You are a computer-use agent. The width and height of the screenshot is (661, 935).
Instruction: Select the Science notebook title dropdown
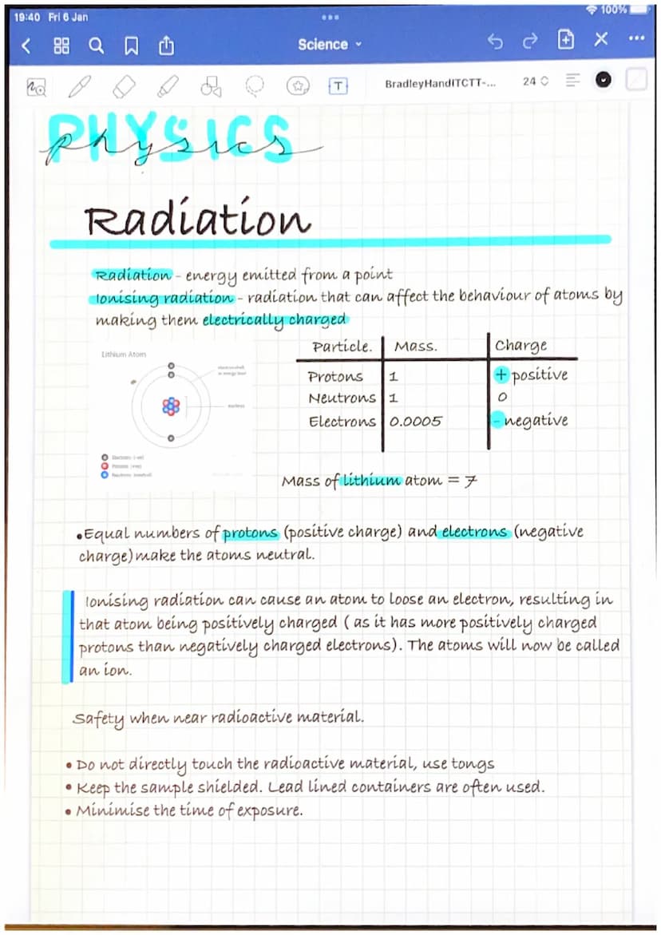coord(329,45)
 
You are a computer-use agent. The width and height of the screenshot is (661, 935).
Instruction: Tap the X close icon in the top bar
coord(601,40)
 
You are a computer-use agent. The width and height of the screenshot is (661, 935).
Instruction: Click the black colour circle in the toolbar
coord(604,81)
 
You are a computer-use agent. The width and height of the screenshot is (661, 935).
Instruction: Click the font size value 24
coord(530,81)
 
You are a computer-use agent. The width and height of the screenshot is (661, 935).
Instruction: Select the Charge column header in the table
coord(520,346)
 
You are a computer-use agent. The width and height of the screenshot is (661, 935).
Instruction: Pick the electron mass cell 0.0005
coord(415,421)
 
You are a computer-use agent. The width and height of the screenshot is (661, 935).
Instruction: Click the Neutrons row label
coord(342,398)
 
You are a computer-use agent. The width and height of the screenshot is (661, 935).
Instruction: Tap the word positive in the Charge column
coord(540,374)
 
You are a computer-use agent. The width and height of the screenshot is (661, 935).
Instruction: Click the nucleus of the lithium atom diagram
coord(171,407)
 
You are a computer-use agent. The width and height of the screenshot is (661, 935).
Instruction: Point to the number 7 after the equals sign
coord(471,481)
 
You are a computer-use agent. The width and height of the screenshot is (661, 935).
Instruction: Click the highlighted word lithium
coord(371,481)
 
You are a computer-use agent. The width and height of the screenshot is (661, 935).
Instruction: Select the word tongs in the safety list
coord(473,764)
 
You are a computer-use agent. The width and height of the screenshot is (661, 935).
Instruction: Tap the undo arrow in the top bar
coord(495,42)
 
